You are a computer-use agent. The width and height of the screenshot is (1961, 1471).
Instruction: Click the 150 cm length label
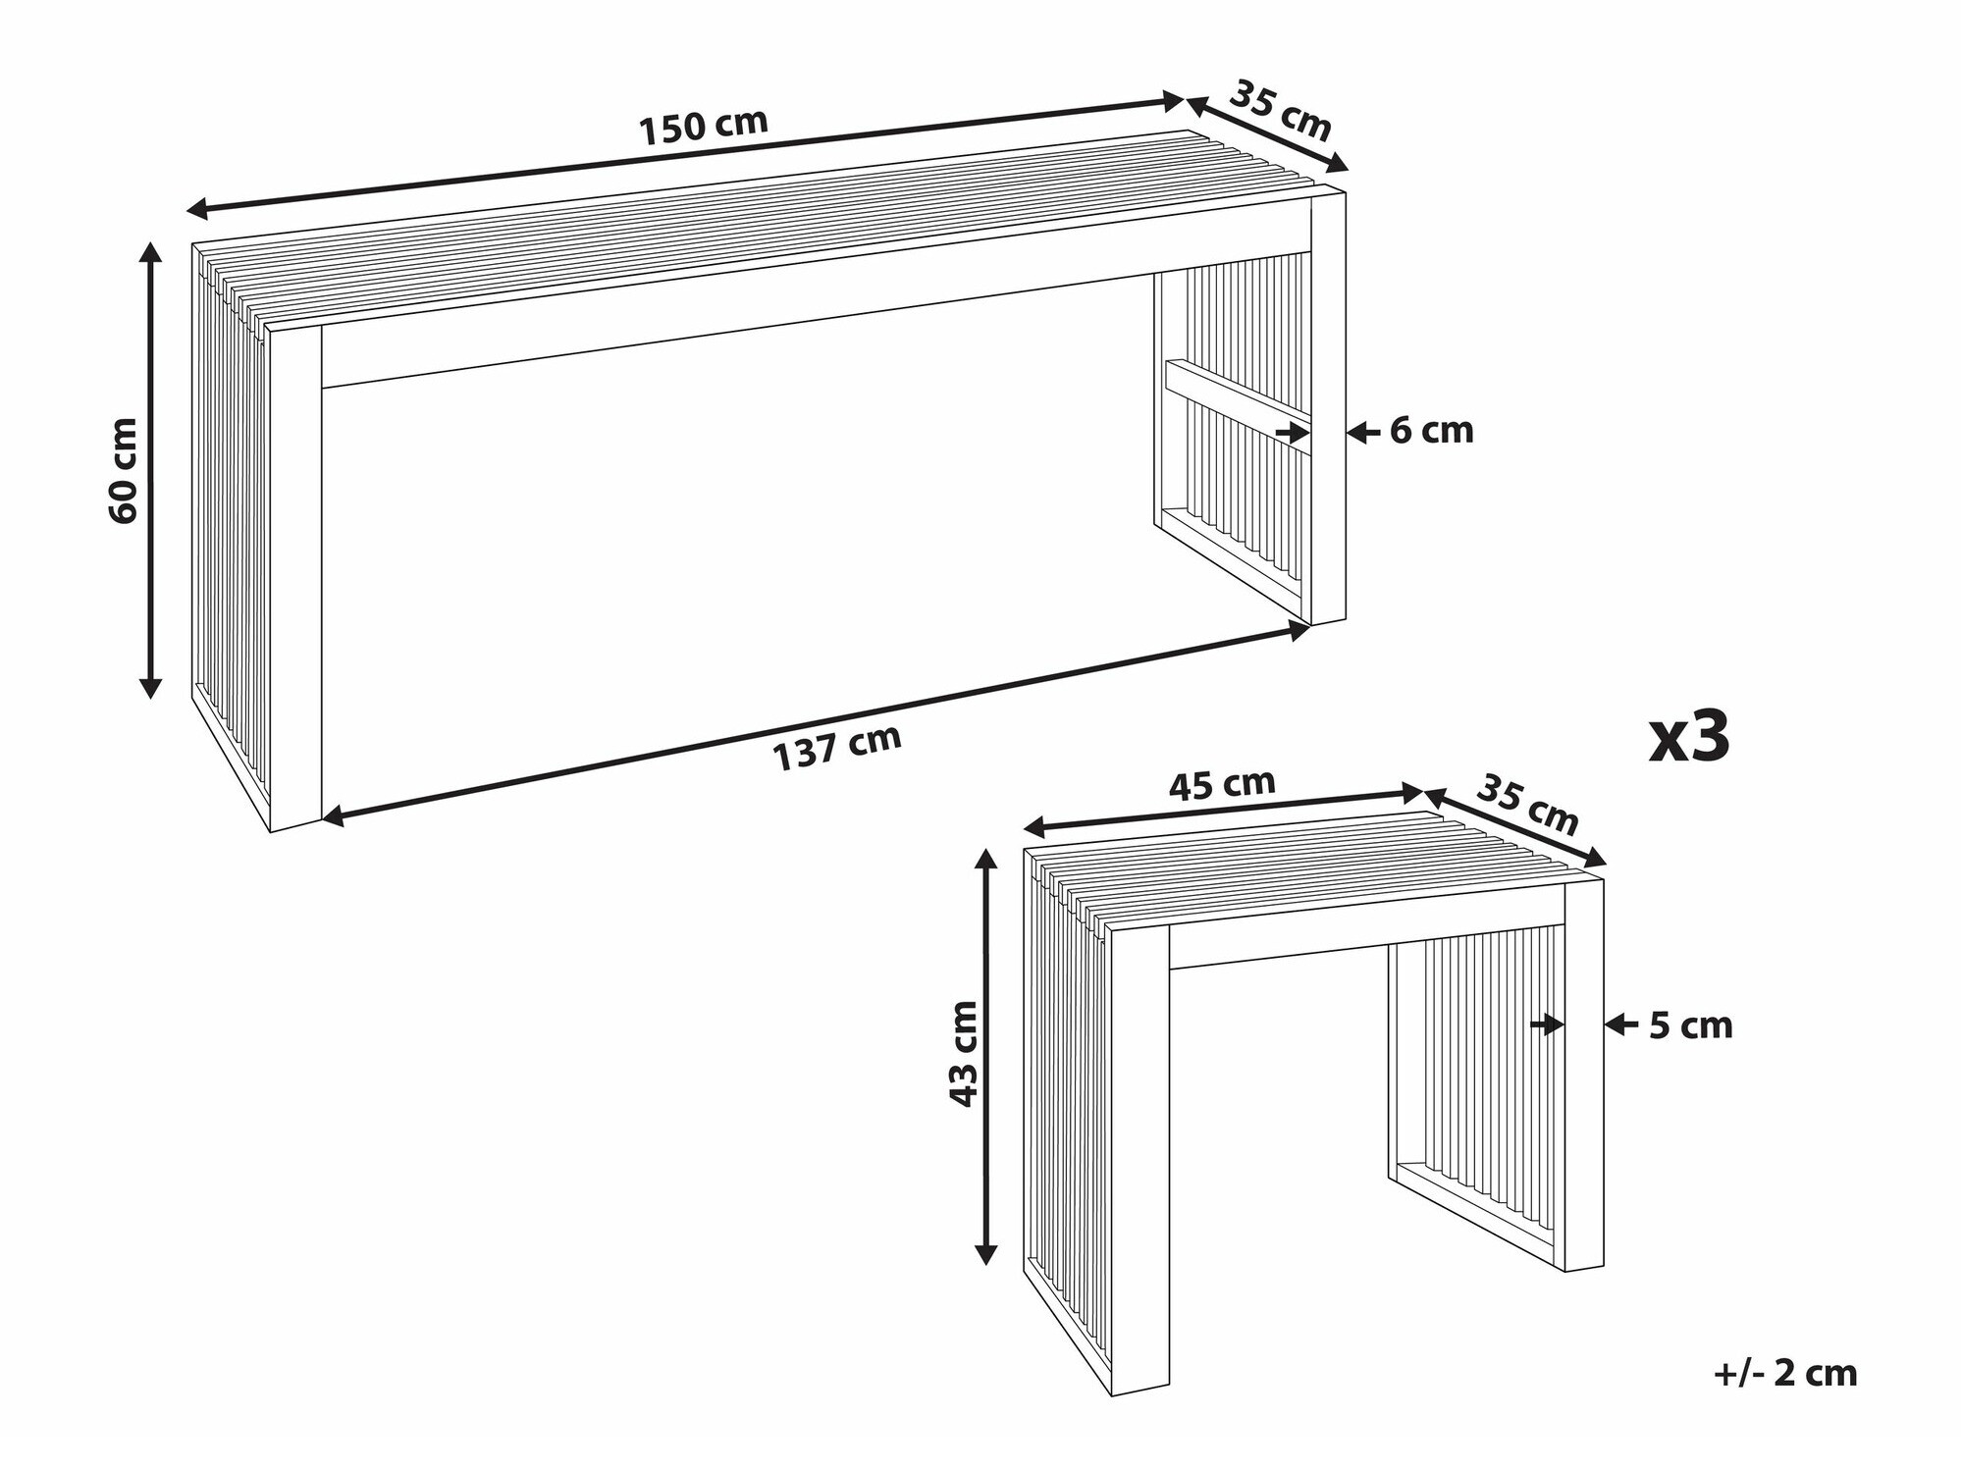tap(703, 127)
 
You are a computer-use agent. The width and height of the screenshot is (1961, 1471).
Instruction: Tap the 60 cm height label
tap(124, 471)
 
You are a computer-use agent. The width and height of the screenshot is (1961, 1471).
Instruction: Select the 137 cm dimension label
tap(837, 748)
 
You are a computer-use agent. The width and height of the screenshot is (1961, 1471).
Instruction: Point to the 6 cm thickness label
tap(1431, 431)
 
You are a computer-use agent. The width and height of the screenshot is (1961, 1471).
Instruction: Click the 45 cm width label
tap(1222, 784)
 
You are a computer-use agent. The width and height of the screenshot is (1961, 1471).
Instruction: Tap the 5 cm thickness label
tap(1690, 1025)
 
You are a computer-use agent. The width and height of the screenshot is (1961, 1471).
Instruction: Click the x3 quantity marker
tap(1689, 737)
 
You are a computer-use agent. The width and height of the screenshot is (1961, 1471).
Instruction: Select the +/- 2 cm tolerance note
tap(1784, 1373)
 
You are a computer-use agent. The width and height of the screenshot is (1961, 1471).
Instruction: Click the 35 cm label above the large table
tap(1280, 110)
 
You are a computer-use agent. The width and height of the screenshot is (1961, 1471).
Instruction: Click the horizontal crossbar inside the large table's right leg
tap(1237, 395)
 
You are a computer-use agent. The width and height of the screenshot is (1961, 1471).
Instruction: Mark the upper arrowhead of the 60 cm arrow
tap(150, 251)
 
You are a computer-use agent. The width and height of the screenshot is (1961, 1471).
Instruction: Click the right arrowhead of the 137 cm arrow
tap(1298, 629)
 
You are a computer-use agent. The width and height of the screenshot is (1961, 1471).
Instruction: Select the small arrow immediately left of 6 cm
tap(1358, 432)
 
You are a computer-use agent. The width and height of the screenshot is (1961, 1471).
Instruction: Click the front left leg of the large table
tap(295, 579)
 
